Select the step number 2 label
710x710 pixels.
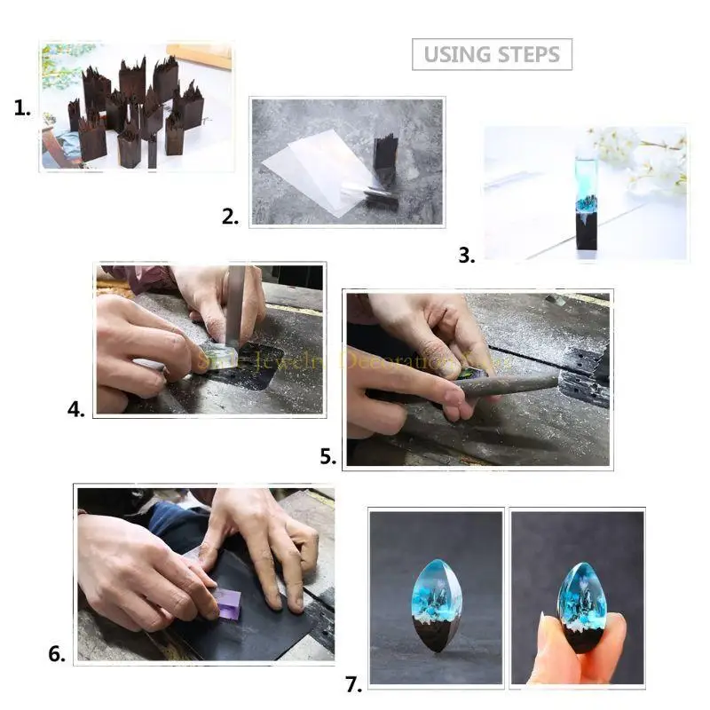pyautogui.click(x=230, y=217)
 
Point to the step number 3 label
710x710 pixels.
pyautogui.click(x=466, y=256)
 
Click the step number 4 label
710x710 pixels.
pyautogui.click(x=76, y=409)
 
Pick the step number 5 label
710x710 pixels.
pyautogui.click(x=328, y=457)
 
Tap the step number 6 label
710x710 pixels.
pyautogui.click(x=57, y=655)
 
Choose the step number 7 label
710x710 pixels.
pyautogui.click(x=353, y=684)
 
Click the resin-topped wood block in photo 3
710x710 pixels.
pyautogui.click(x=584, y=204)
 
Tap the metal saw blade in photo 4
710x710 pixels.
pyautogui.click(x=234, y=311)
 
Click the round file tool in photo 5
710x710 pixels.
pyautogui.click(x=506, y=384)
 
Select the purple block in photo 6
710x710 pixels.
pyautogui.click(x=230, y=606)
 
